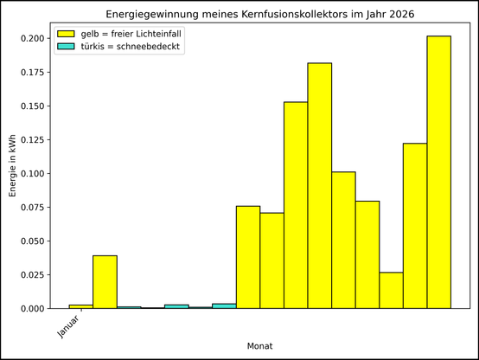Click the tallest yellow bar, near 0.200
click(x=439, y=172)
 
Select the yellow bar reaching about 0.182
click(x=320, y=185)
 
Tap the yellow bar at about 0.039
click(x=105, y=282)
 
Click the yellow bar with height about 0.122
click(x=415, y=226)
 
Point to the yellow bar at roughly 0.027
click(x=391, y=291)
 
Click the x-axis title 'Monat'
click(x=259, y=346)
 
